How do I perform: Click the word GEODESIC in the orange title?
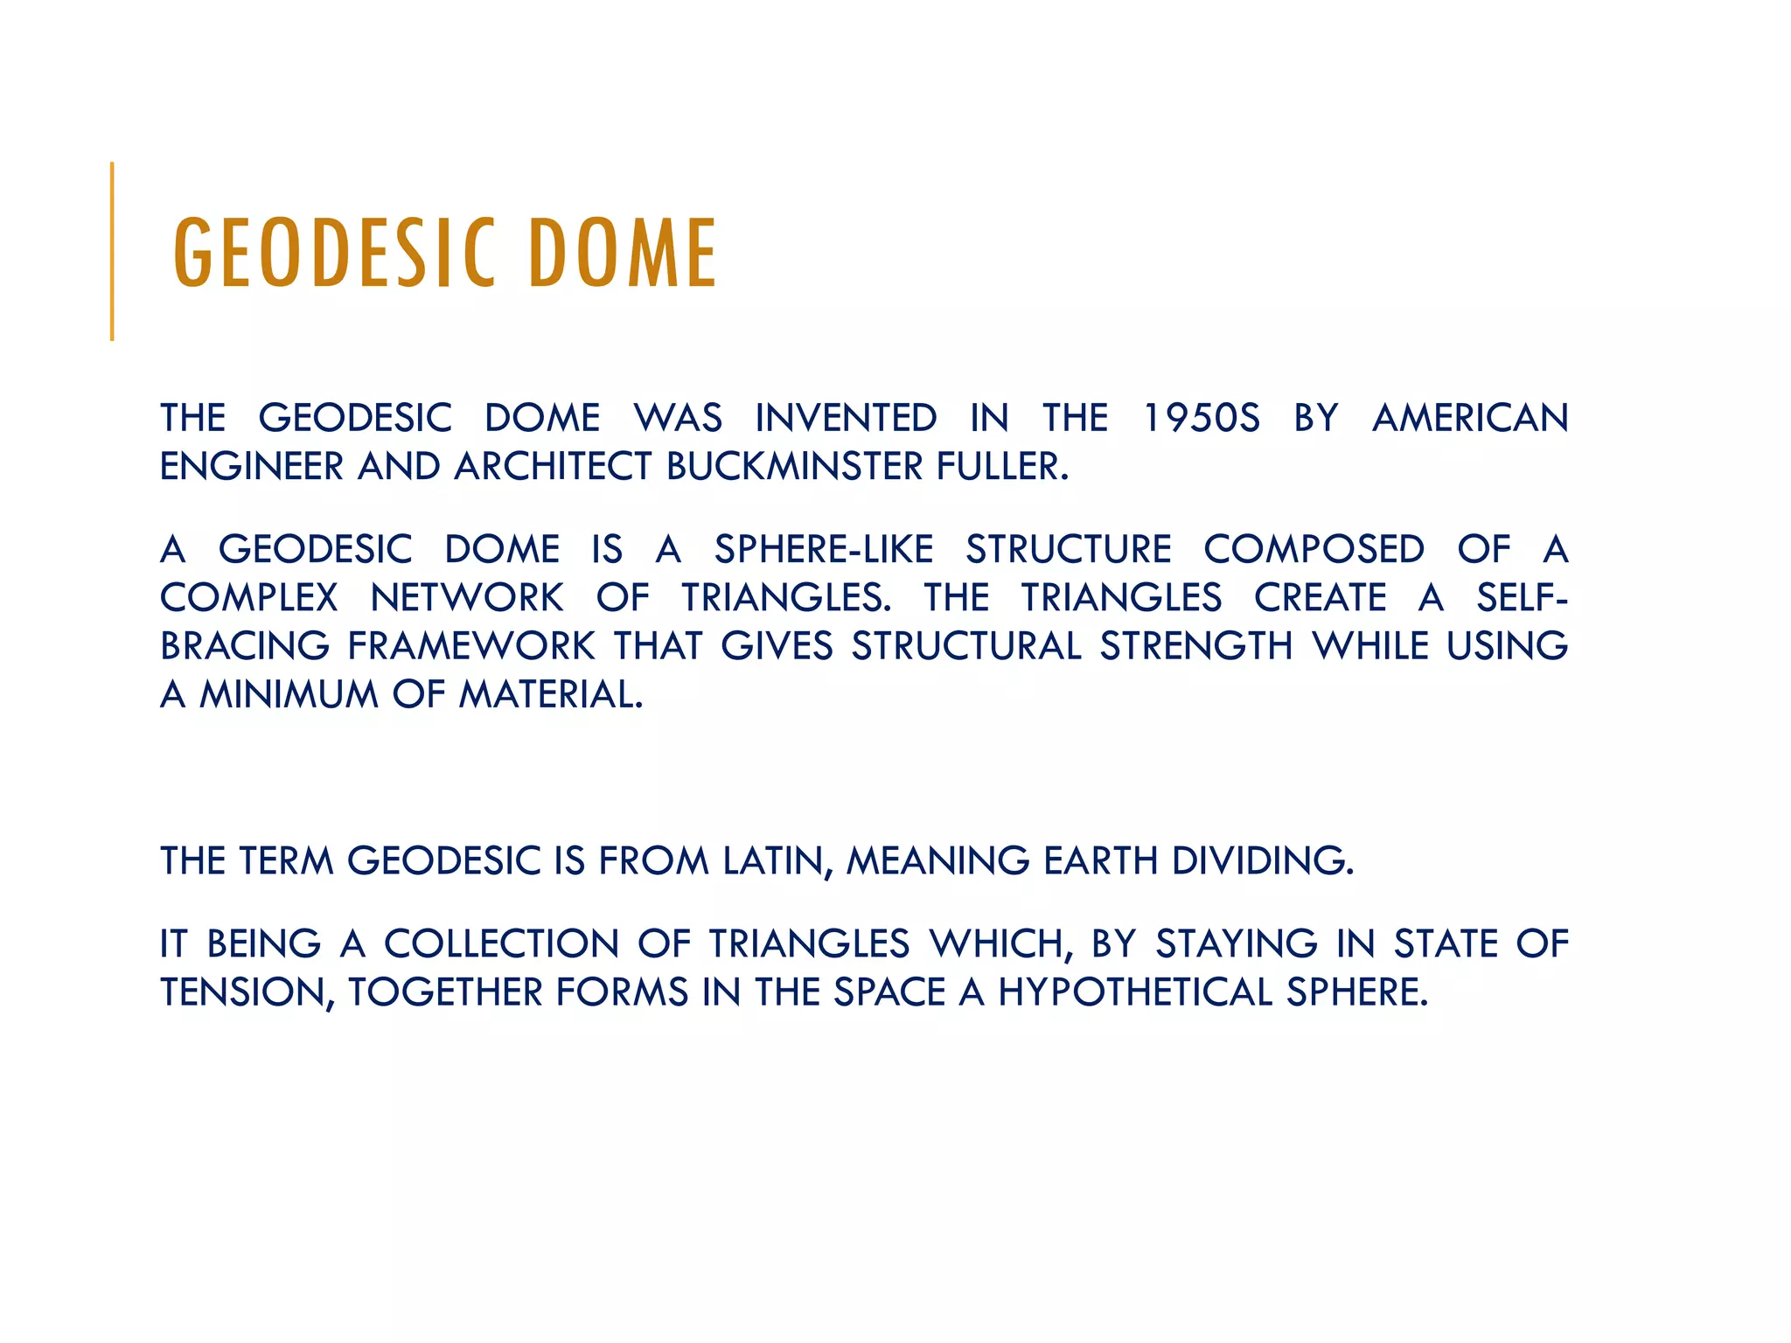(x=334, y=254)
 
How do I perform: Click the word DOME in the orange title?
(x=623, y=254)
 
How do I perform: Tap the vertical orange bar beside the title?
(x=112, y=252)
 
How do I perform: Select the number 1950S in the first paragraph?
(x=1202, y=418)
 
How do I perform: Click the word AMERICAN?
(x=1470, y=418)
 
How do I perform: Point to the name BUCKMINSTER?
(x=794, y=466)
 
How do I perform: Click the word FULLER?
(x=1002, y=466)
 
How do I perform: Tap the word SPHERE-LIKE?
(x=823, y=550)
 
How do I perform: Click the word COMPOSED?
(x=1314, y=550)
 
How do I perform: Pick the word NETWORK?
(x=467, y=598)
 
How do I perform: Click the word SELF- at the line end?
(x=1522, y=598)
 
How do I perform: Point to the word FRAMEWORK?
(x=471, y=646)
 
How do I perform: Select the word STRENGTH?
(x=1195, y=646)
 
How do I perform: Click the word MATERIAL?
(x=551, y=694)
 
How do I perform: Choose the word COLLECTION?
(x=502, y=944)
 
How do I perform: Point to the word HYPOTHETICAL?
(x=1135, y=992)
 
